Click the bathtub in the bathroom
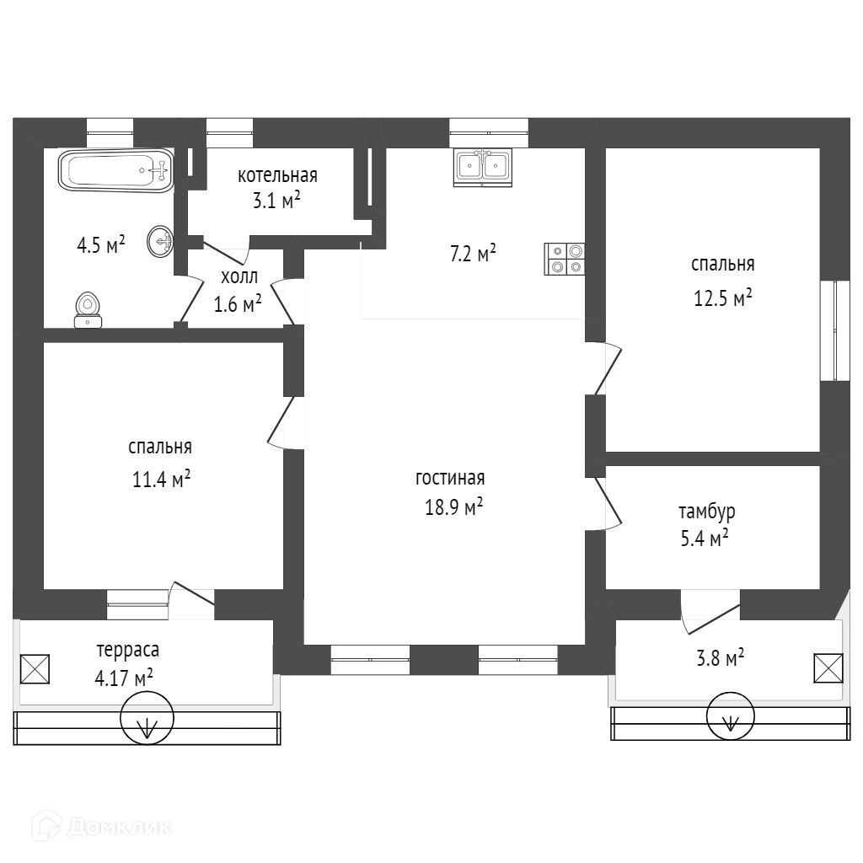[115, 171]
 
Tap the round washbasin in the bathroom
[160, 243]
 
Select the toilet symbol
[88, 309]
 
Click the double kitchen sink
[483, 167]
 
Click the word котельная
[277, 175]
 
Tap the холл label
[239, 276]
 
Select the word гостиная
[450, 479]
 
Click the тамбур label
[706, 511]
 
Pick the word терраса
[128, 650]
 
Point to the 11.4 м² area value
[160, 480]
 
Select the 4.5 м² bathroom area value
[100, 244]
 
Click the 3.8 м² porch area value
[720, 658]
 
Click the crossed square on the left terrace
[35, 669]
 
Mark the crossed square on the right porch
[828, 667]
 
